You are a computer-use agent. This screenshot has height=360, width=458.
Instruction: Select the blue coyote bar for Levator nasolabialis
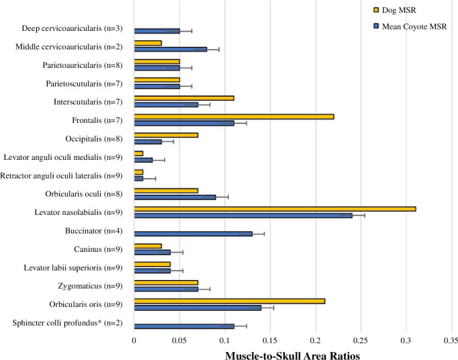point(243,216)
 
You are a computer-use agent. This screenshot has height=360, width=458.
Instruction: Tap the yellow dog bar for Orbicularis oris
point(230,302)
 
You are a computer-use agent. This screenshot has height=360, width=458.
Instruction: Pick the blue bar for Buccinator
point(193,234)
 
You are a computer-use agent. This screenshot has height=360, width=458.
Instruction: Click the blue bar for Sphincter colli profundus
point(184,326)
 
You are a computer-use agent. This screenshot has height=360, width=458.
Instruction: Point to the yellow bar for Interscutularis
point(184,98)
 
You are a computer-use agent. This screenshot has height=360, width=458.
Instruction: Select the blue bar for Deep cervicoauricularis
point(157,31)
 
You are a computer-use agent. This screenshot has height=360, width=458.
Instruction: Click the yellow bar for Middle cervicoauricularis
point(148,43)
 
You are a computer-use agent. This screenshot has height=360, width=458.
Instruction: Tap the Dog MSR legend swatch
point(377,10)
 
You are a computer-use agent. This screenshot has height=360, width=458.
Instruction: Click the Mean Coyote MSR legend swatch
point(377,27)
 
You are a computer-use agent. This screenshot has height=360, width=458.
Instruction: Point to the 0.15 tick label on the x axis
point(270,341)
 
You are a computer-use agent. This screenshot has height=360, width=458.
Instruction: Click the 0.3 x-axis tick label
point(406,341)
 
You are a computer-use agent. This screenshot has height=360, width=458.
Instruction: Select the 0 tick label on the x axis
point(134,341)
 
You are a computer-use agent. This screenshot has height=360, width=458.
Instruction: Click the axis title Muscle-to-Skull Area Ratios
point(292,355)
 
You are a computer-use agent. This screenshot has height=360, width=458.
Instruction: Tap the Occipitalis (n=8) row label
point(94,139)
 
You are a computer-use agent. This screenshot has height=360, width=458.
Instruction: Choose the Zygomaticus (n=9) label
point(90,285)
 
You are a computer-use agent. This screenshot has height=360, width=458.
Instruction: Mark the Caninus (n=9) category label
point(98,249)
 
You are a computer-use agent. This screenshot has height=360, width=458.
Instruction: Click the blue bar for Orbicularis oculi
point(175,197)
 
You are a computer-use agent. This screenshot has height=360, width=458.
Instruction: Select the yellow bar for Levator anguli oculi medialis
point(138,153)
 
